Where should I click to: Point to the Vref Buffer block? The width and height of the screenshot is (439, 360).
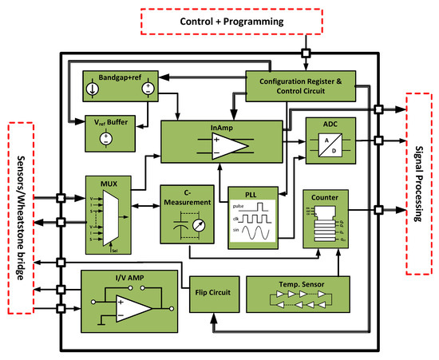tap(108, 131)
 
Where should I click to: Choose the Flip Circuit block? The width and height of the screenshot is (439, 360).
tap(213, 293)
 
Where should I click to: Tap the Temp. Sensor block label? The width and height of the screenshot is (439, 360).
tap(299, 283)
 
